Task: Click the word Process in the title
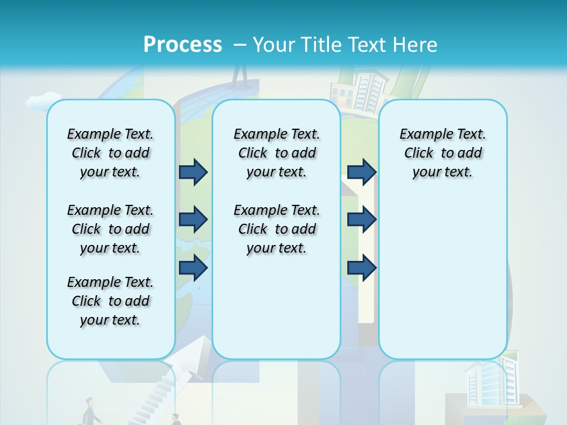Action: coord(183,44)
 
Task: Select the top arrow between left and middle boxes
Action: coord(193,172)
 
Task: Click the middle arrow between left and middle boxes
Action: coord(193,220)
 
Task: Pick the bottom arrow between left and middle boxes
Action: coord(193,267)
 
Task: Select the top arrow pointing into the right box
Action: coord(361,172)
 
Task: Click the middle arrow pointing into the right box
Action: coord(361,220)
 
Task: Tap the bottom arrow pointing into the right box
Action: coord(361,267)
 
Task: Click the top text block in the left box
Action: coord(110,153)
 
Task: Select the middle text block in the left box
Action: coord(110,229)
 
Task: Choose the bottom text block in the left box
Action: coord(110,301)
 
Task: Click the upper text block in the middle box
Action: coord(276,153)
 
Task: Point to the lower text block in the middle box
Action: coord(276,229)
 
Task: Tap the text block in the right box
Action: coord(442,153)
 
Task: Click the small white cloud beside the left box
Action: coord(43,102)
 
